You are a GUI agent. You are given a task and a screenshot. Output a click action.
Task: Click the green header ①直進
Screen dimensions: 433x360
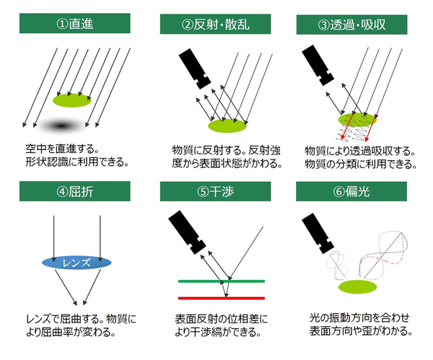(x=74, y=24)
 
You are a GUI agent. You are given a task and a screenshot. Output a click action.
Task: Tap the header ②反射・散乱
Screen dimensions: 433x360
(x=215, y=25)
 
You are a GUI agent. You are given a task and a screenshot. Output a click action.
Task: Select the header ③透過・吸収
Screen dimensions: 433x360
(x=352, y=25)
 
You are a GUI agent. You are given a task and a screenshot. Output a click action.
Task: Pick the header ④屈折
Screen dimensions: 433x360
(x=74, y=191)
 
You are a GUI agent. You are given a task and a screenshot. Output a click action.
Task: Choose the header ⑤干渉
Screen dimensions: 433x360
(x=215, y=191)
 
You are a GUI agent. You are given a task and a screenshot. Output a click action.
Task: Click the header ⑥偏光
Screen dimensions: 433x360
(x=351, y=191)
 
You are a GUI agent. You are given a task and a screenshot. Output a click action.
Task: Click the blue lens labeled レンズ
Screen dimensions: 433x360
(x=76, y=263)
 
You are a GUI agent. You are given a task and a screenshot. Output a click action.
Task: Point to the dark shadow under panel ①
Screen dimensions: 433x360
(x=61, y=126)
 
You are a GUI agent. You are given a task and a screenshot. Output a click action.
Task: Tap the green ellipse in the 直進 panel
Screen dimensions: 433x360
(x=72, y=100)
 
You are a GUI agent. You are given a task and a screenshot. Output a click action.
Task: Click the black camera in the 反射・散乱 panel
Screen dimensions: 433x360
(x=195, y=69)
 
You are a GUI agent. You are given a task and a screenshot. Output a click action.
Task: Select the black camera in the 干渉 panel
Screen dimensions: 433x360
(x=187, y=232)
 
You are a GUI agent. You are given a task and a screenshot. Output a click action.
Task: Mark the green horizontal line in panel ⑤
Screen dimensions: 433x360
(x=222, y=281)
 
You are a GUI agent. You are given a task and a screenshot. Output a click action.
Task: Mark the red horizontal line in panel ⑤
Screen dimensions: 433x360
(x=222, y=298)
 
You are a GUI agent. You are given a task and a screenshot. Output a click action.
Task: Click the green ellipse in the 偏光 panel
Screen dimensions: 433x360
(x=358, y=287)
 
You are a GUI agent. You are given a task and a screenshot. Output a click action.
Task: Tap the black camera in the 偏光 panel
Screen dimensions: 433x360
(x=318, y=234)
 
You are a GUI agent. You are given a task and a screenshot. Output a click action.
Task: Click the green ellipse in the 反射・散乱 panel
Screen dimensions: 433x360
(x=227, y=126)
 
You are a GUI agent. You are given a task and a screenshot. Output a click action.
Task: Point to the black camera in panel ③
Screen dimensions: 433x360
(x=318, y=65)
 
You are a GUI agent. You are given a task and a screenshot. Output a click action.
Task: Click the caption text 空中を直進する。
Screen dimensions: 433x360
(x=62, y=149)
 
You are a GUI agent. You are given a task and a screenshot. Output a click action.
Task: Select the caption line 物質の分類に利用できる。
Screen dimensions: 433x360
(x=361, y=164)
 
